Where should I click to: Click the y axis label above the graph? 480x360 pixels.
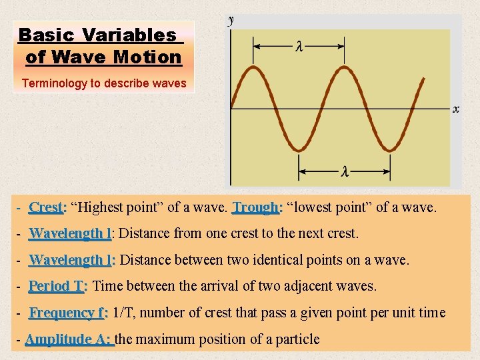point(231,21)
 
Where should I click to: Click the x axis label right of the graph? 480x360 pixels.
point(456,109)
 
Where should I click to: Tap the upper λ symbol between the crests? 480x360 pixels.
point(299,46)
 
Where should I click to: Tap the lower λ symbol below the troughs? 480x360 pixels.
point(345,171)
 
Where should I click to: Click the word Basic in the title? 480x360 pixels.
point(45,35)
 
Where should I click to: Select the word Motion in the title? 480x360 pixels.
point(147,57)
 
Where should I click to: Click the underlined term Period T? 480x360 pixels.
point(57,286)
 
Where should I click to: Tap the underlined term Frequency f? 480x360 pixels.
point(68,313)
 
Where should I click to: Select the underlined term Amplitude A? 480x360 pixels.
point(69,339)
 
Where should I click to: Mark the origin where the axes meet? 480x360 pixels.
point(231,108)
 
